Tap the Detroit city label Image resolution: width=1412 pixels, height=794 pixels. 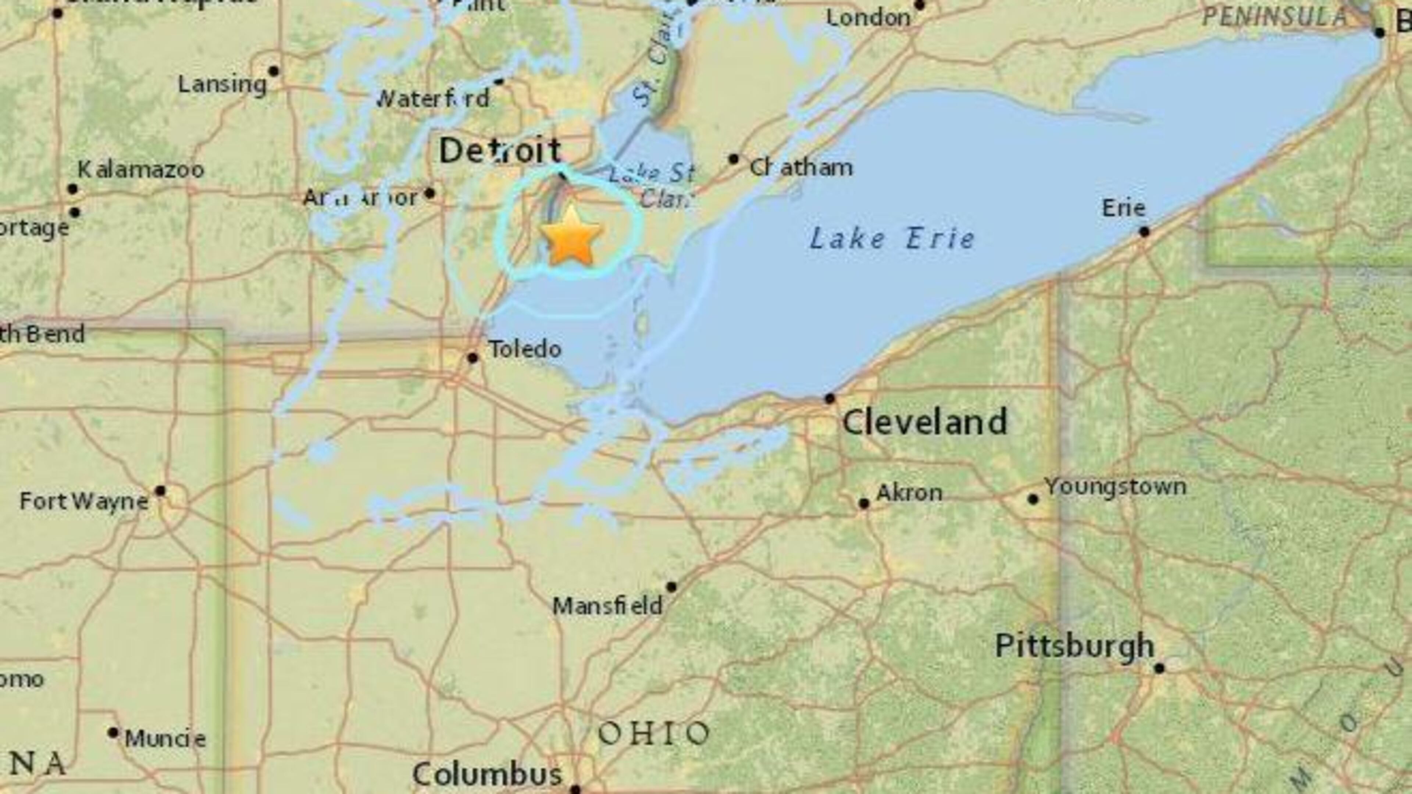coord(500,151)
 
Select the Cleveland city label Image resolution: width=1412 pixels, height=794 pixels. coord(925,422)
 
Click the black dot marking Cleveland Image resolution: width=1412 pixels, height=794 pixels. coord(830,398)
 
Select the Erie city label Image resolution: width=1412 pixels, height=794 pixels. coord(1124,208)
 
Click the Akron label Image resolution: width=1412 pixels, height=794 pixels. coord(909,493)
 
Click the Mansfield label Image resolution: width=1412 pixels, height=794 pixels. coord(607,606)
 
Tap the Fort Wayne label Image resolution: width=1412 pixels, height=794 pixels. coord(84,501)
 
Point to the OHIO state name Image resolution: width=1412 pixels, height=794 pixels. coord(654,734)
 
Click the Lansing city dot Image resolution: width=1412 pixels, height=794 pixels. coord(274,71)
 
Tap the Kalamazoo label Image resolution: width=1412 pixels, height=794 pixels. coord(141,169)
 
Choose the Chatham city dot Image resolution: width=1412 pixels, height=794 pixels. coord(734,159)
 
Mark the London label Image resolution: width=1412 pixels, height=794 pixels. coord(868,18)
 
